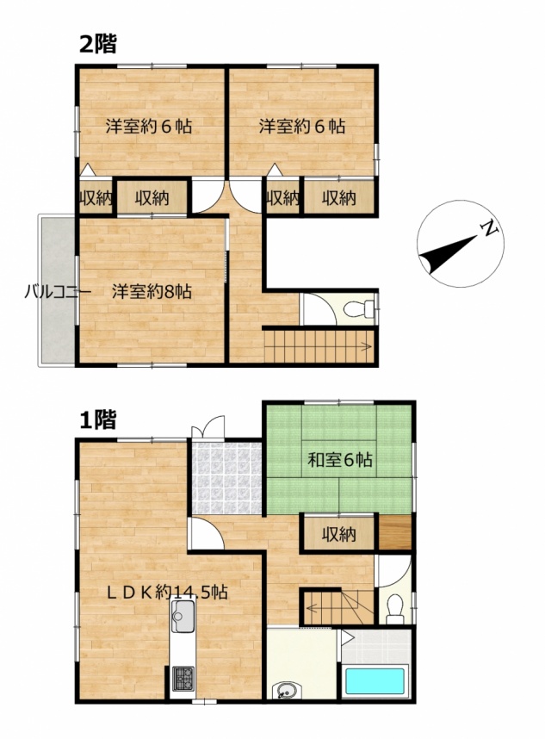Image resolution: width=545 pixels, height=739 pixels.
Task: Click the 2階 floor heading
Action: point(97,44)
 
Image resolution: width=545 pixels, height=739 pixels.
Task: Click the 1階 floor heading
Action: point(97,419)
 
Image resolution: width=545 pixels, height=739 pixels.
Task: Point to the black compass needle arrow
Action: point(448,254)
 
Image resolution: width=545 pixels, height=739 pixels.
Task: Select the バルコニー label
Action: point(58,292)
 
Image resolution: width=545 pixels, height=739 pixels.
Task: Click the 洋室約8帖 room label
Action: point(152,292)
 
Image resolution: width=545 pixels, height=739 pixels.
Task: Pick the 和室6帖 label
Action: point(340,459)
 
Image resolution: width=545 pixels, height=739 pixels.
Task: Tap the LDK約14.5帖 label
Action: point(167,592)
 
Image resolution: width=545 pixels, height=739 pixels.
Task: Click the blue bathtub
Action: point(375,681)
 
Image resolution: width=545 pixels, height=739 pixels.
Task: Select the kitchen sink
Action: point(183,619)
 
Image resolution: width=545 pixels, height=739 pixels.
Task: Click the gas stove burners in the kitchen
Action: point(183,680)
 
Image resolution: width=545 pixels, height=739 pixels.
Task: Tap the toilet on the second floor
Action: point(359,310)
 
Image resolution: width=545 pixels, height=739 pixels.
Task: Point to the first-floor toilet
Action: point(394,608)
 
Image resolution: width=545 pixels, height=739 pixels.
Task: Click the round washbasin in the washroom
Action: point(284,692)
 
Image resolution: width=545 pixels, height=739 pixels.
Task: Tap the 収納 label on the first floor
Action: point(339,535)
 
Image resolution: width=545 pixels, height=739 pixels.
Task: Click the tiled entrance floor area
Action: point(226,478)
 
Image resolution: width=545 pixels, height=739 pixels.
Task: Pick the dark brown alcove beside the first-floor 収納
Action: point(395,531)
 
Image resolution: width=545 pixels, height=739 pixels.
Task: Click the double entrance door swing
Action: point(208,427)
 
